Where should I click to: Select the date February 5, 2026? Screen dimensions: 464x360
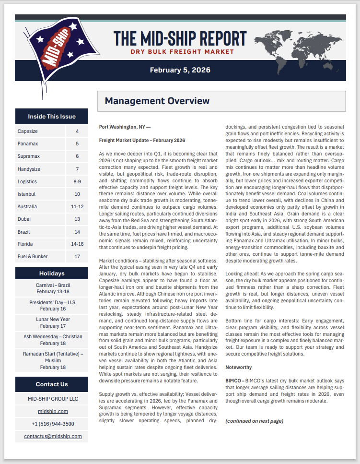click(x=180, y=70)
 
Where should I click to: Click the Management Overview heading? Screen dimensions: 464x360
click(x=157, y=101)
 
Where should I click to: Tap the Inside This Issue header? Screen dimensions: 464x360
click(x=52, y=116)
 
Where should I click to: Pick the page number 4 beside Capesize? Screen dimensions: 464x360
click(x=77, y=131)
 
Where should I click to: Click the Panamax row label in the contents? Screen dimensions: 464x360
click(x=28, y=143)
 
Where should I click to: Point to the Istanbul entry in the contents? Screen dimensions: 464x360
click(x=28, y=194)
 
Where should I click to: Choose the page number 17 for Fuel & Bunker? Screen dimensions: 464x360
click(x=77, y=257)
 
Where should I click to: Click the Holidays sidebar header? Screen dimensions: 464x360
click(x=52, y=274)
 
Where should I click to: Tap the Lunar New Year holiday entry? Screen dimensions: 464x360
click(x=53, y=322)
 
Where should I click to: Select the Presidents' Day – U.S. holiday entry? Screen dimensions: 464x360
click(x=53, y=306)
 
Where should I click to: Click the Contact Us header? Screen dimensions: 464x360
click(x=52, y=384)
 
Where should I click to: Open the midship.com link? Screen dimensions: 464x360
click(x=53, y=411)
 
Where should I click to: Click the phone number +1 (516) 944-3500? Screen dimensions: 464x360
click(x=53, y=424)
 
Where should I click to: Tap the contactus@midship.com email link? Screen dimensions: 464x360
click(x=53, y=436)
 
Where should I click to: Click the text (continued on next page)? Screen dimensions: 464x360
click(x=254, y=421)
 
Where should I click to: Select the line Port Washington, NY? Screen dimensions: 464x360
click(x=125, y=127)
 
